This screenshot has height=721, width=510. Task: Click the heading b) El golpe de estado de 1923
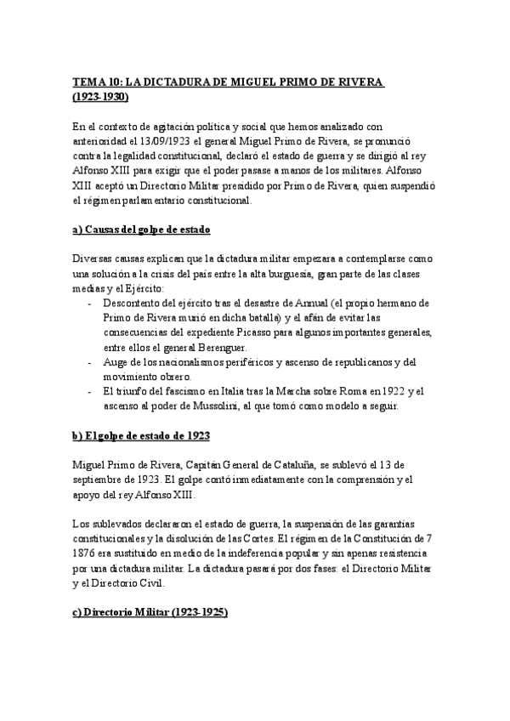[x=141, y=435]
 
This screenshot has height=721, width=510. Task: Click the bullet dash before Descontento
[x=90, y=304]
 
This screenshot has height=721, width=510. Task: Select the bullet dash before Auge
[x=90, y=362]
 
